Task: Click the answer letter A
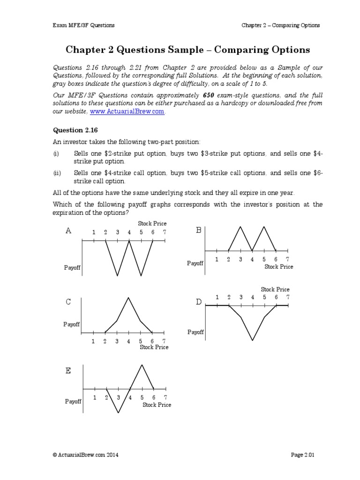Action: [x=68, y=231]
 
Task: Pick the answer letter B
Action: [x=198, y=230]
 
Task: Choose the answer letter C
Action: [x=68, y=302]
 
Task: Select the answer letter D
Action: [x=198, y=302]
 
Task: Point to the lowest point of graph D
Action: [x=253, y=340]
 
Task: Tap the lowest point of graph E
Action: [x=119, y=413]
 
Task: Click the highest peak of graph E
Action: [x=142, y=364]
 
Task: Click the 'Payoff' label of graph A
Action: [x=73, y=268]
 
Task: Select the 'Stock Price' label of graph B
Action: [x=278, y=267]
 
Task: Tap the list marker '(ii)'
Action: [x=57, y=173]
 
